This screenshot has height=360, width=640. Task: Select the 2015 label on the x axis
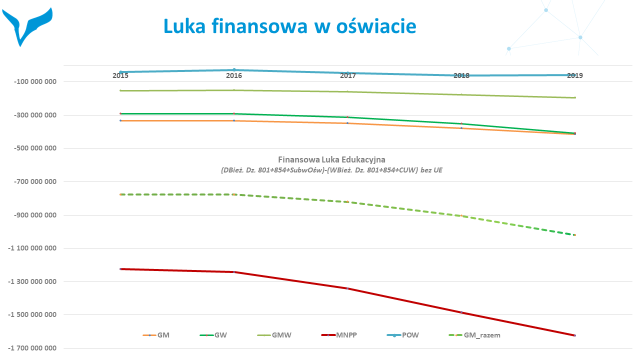click(x=120, y=76)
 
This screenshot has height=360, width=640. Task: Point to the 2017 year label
click(x=348, y=76)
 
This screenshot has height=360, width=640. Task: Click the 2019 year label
click(x=575, y=76)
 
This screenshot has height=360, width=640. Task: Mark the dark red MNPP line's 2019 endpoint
click(x=575, y=335)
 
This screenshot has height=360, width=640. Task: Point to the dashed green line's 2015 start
click(x=120, y=194)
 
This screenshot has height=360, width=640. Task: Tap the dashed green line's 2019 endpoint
click(x=575, y=235)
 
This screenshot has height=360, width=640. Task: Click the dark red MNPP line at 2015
click(x=120, y=269)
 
